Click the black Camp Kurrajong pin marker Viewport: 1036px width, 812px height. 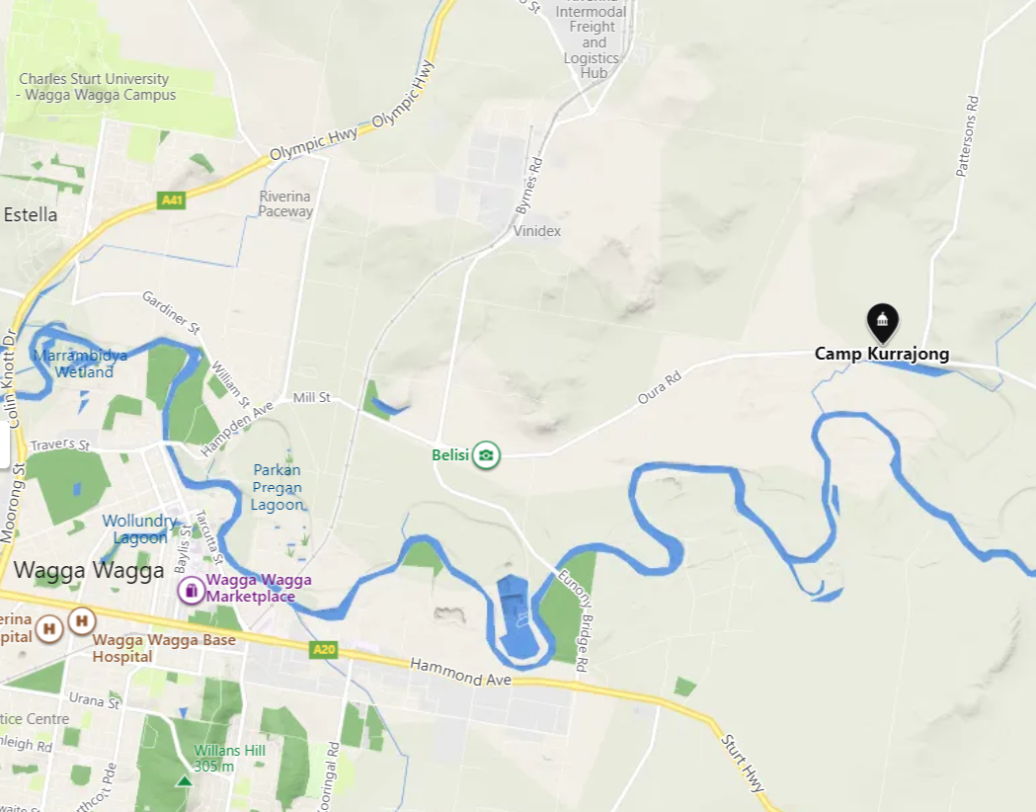click(x=882, y=322)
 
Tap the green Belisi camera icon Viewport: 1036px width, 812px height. click(x=486, y=455)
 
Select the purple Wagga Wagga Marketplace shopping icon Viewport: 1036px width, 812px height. click(x=190, y=591)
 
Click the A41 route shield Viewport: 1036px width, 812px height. click(x=172, y=201)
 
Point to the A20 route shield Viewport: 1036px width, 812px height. click(x=324, y=649)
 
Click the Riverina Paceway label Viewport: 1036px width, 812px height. click(x=285, y=203)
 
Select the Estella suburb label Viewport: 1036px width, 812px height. click(x=31, y=214)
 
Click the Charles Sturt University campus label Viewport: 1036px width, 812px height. click(x=96, y=87)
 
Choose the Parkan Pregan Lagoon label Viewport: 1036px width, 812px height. click(x=278, y=487)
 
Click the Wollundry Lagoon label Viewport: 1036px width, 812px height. click(x=140, y=529)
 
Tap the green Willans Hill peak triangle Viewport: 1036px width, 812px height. click(x=184, y=781)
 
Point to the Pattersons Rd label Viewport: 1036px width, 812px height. click(x=966, y=136)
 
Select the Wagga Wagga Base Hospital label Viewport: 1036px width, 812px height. click(x=164, y=648)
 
